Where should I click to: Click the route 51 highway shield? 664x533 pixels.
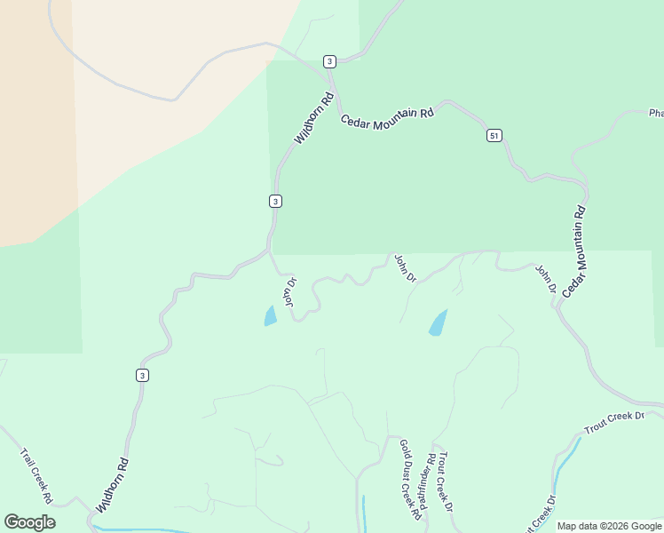click(494, 135)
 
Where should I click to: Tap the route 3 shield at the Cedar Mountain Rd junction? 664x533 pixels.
click(329, 61)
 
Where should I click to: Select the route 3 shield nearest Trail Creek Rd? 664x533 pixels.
click(142, 376)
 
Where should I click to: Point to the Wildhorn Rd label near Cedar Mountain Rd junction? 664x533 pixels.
click(313, 118)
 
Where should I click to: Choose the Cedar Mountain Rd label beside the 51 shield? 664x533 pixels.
click(388, 115)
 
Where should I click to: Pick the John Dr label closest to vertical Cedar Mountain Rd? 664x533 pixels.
click(545, 278)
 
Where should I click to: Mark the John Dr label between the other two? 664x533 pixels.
click(405, 268)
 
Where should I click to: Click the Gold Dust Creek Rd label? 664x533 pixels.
click(408, 479)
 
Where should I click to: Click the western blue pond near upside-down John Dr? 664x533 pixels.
click(270, 316)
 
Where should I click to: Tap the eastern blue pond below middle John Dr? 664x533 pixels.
click(438, 323)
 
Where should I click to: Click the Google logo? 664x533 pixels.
click(29, 522)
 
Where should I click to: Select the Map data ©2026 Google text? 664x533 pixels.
click(609, 526)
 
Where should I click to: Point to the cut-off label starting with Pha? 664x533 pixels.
click(655, 113)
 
